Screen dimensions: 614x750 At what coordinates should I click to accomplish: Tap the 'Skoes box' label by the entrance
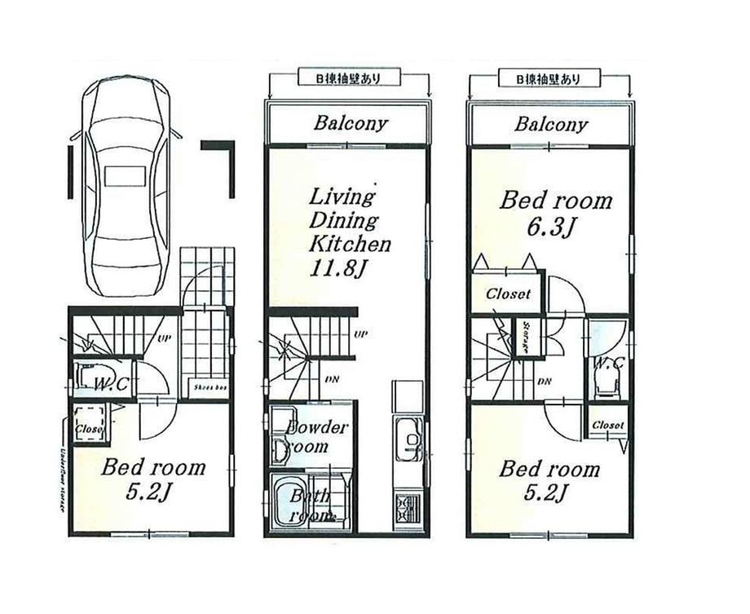click(209, 387)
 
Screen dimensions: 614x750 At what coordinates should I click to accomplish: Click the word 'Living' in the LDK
click(341, 197)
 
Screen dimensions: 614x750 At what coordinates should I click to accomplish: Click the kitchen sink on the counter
click(407, 439)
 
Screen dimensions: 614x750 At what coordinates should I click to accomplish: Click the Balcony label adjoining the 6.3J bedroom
click(550, 124)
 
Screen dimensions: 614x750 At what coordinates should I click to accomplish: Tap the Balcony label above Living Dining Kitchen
click(351, 124)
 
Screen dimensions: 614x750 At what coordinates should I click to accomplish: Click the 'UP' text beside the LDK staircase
click(359, 334)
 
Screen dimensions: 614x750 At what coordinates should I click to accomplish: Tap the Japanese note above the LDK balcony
click(347, 78)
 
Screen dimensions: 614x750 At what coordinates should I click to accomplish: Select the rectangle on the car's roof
click(124, 177)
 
